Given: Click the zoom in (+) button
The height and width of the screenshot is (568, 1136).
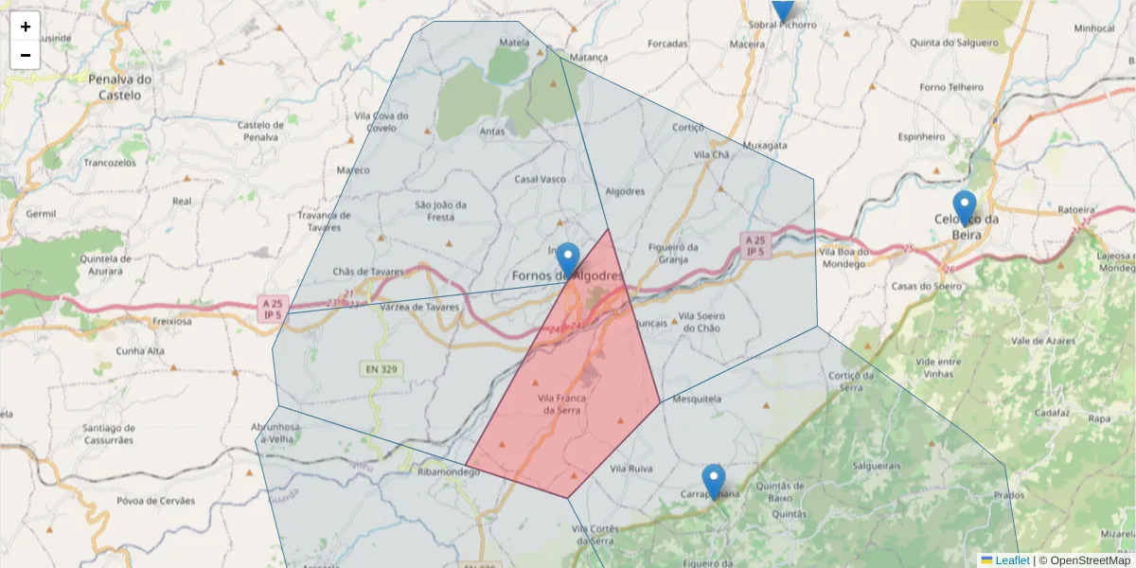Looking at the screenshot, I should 26,27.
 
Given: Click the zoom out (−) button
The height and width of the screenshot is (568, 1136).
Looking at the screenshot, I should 26,55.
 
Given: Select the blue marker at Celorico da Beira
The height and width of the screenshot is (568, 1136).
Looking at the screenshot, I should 964,207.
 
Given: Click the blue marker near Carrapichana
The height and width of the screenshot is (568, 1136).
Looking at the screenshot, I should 714,481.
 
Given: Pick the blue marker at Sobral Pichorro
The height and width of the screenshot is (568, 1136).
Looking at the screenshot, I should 782,8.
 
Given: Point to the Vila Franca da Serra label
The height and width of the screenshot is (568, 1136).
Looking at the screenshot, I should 562,404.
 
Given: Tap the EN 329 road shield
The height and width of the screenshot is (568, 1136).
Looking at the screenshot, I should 380,367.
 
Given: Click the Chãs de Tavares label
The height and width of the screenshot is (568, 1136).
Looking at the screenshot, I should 367,272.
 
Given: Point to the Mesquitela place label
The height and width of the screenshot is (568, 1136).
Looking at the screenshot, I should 697,399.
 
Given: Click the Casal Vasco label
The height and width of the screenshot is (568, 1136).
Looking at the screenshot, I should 540,179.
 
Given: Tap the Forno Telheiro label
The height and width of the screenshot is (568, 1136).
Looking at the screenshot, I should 951,86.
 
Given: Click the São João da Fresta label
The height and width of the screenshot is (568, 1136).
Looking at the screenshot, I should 441,210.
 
